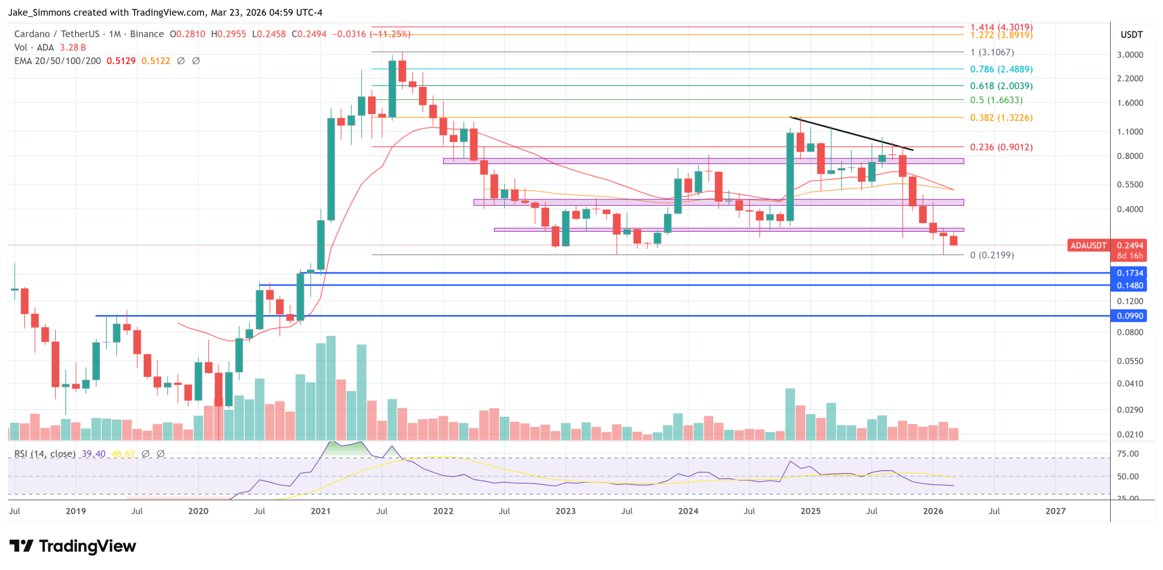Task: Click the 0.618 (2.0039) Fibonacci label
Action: pos(1001,86)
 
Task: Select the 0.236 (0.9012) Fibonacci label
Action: pos(1001,147)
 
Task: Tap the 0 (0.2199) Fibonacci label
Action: pos(992,255)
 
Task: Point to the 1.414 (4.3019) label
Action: pos(1001,27)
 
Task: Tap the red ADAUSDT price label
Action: pos(1087,245)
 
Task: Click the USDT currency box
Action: pos(1131,35)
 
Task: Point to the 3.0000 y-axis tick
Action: pos(1129,55)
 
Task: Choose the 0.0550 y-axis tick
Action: pos(1129,361)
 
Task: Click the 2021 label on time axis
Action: pos(320,511)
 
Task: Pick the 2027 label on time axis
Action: pos(1055,511)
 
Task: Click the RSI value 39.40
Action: pos(93,454)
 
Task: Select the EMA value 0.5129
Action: pos(121,61)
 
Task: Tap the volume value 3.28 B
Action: pos(73,48)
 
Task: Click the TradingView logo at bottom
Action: pos(73,546)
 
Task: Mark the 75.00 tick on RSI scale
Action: pos(1127,454)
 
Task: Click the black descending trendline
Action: pos(852,134)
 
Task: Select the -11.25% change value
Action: pos(390,34)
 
